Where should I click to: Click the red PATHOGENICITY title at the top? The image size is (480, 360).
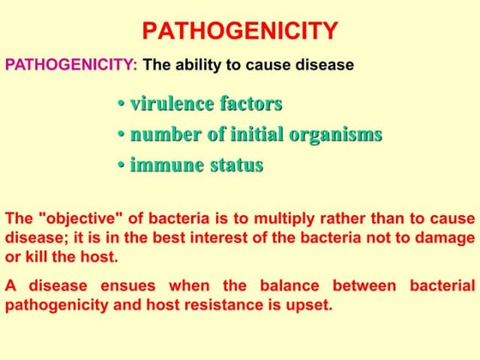(x=240, y=31)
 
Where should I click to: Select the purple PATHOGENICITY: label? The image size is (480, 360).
(x=71, y=64)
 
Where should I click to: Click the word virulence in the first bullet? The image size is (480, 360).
(x=172, y=104)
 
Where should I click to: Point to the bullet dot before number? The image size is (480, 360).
(x=122, y=134)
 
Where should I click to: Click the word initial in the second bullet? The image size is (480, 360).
(x=257, y=134)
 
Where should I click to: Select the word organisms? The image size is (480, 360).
(x=336, y=135)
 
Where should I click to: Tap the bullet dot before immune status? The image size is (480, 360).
(x=122, y=165)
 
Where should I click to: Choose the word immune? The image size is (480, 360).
(x=167, y=165)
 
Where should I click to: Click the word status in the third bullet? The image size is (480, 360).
(x=237, y=165)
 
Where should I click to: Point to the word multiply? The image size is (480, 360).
(x=285, y=219)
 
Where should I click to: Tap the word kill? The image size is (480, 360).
(x=36, y=256)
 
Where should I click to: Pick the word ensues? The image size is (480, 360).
(x=128, y=286)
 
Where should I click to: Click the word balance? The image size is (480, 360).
(x=290, y=286)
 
